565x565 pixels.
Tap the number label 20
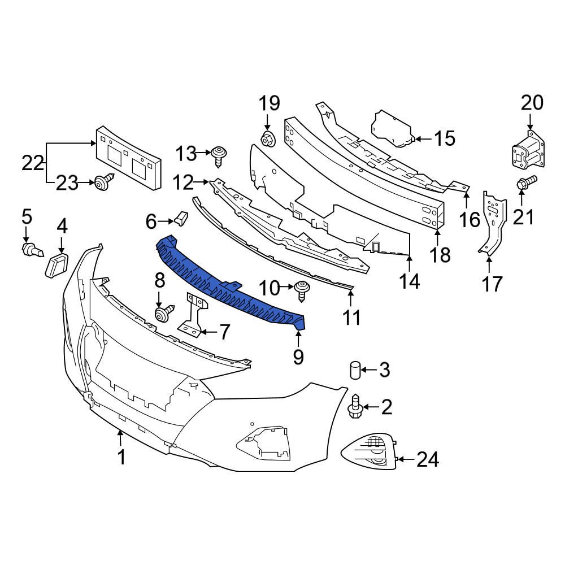532,103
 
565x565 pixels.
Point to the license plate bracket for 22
128,158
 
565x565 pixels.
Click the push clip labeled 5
31,249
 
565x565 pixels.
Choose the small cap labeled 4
57,265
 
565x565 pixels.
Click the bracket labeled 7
193,314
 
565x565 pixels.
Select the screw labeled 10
302,289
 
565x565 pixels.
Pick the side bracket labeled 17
491,223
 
